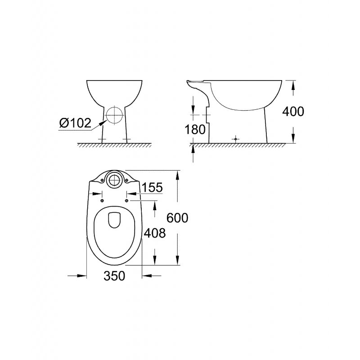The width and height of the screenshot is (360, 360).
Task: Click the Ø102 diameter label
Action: (x=75, y=122)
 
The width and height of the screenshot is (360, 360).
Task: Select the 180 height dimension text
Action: (x=195, y=129)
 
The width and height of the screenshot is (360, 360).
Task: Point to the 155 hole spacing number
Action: (x=152, y=188)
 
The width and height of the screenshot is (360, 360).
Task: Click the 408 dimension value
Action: (x=155, y=233)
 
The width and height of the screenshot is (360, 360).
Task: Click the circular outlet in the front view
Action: (x=115, y=115)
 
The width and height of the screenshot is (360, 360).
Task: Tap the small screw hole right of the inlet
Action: (x=127, y=180)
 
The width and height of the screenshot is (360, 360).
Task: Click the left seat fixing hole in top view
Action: (x=103, y=200)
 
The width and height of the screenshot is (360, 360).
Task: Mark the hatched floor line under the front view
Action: (x=115, y=145)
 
